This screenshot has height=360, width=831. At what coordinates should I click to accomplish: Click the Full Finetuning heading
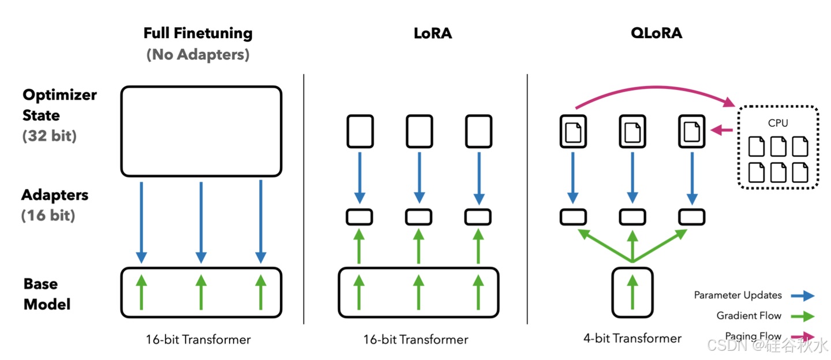(198, 33)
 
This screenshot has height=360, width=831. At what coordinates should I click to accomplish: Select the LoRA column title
(433, 33)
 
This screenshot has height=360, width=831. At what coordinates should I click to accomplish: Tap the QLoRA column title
(656, 33)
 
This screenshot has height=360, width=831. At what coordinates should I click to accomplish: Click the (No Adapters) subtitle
(198, 55)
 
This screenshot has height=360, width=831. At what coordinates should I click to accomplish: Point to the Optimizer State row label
(59, 105)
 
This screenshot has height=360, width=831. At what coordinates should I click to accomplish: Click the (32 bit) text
(50, 137)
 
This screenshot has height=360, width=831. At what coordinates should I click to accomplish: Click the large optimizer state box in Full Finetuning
(201, 131)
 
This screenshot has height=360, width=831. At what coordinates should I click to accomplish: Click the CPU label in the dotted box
(777, 123)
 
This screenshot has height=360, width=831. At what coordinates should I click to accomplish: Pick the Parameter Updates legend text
(738, 295)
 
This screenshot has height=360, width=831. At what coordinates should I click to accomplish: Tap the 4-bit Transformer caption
(632, 339)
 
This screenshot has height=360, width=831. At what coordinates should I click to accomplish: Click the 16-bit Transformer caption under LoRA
(415, 339)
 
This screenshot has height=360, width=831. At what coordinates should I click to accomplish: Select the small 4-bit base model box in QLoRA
(632, 292)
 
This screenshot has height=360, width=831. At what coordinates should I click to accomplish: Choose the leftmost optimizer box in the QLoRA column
(574, 132)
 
